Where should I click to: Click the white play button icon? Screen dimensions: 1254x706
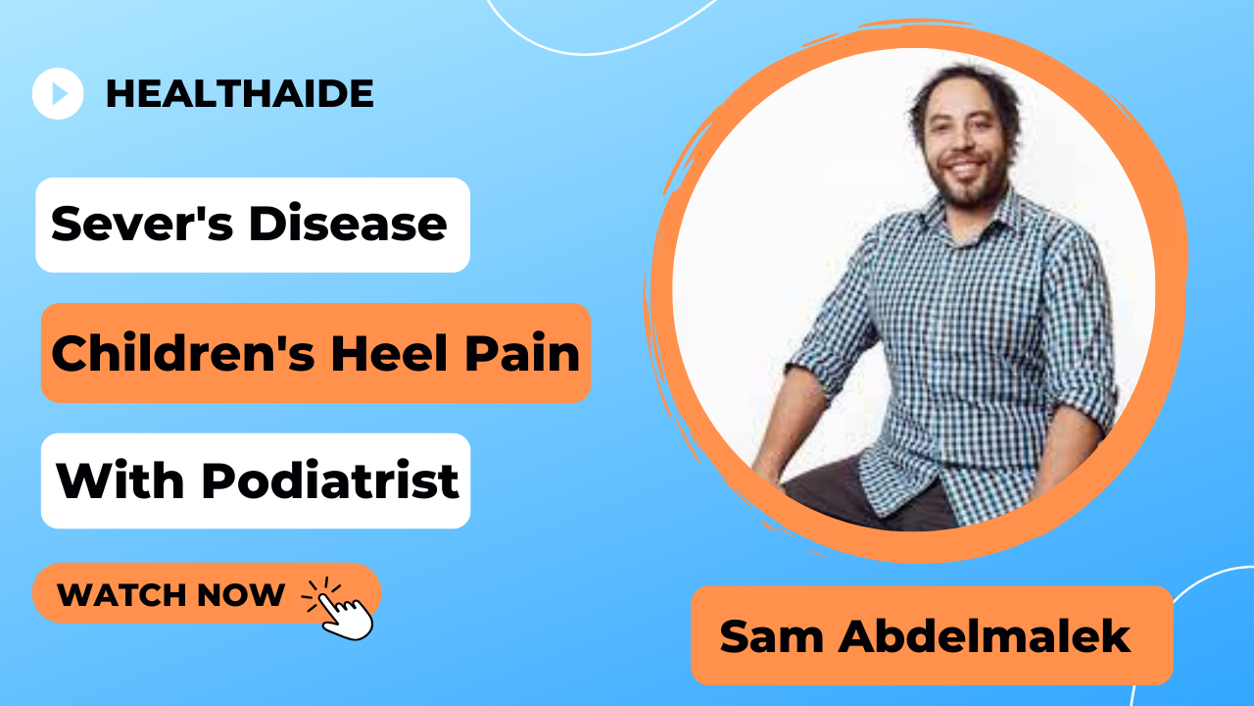coord(58,93)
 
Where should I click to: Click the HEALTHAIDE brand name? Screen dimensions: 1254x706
coord(240,93)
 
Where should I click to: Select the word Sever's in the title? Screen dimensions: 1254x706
coord(142,224)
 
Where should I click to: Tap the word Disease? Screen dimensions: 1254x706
coord(348,224)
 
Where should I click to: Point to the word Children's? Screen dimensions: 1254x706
coord(183,353)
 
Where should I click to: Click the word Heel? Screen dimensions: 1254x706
coord(390,353)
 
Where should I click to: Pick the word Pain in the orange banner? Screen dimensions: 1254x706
coord(522,353)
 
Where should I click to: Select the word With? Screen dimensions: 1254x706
coord(120,480)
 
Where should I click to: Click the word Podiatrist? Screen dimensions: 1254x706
coord(330,480)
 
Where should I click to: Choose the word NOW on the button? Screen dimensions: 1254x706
coord(241,594)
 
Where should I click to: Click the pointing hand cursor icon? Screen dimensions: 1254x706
coord(339,609)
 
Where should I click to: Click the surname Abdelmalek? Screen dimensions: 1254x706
coord(984,636)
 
